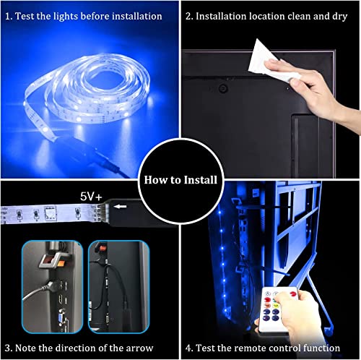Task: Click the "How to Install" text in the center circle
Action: point(180,180)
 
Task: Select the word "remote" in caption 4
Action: point(270,347)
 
